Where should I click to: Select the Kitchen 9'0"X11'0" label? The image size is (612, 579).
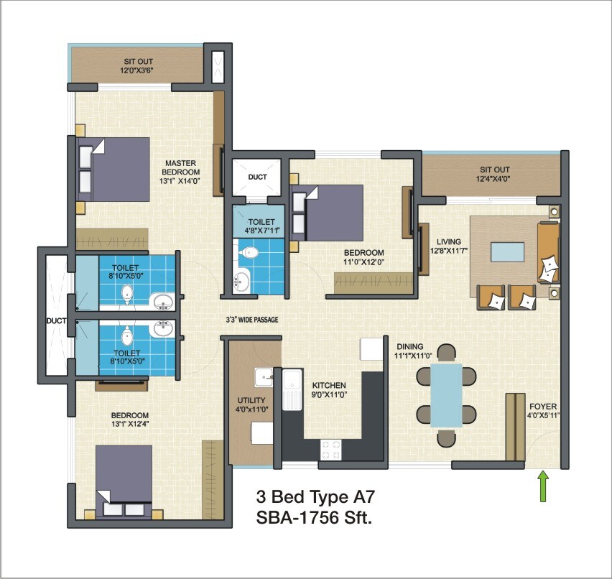point(329,389)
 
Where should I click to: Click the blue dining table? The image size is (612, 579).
point(445,396)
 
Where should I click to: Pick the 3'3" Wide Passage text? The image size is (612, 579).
point(250,320)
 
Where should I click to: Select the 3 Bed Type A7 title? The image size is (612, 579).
point(316,496)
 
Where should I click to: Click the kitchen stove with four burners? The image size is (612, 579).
point(330,449)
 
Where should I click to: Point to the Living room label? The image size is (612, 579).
point(445,246)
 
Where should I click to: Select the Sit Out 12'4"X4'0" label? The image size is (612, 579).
point(495,175)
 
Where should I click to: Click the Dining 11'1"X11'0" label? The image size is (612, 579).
point(412,351)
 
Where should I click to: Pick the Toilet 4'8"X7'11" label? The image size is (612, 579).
point(257,226)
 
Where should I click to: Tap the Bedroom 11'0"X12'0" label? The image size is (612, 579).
point(363,257)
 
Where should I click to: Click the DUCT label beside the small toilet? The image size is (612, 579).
point(257,176)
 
